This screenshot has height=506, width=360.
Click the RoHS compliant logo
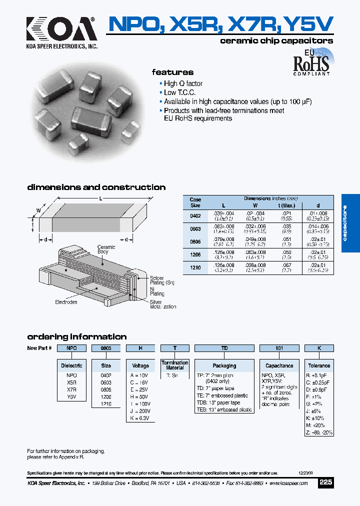click(x=311, y=63)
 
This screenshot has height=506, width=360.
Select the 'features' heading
click(x=172, y=72)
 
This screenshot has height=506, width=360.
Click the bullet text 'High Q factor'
click(x=183, y=83)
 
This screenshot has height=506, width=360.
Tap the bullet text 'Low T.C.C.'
click(x=179, y=92)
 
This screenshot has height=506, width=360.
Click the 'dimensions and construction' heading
click(x=96, y=187)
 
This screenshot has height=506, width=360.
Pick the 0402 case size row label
click(x=195, y=216)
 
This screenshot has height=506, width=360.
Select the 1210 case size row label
click(x=195, y=268)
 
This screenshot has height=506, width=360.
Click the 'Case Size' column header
click(x=195, y=202)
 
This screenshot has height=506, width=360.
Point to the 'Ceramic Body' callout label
click(x=106, y=249)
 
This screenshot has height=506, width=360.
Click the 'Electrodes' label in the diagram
click(x=66, y=302)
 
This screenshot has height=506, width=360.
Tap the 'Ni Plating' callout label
click(x=156, y=291)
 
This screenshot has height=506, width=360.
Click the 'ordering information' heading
click(x=77, y=336)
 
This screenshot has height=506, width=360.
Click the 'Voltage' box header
click(x=140, y=365)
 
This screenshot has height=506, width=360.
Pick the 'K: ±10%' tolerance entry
click(x=315, y=417)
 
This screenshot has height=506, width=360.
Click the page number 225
click(x=325, y=482)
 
